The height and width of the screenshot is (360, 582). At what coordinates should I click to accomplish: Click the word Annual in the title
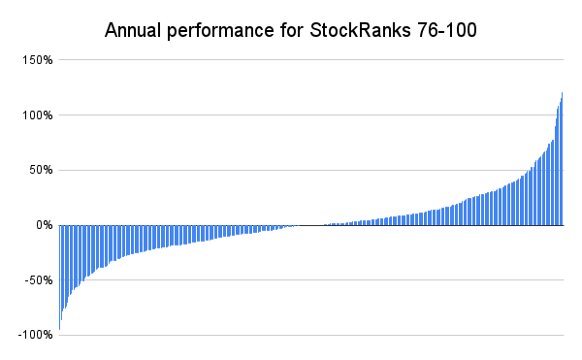click(x=133, y=30)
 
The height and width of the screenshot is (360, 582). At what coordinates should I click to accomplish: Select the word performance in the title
click(x=220, y=31)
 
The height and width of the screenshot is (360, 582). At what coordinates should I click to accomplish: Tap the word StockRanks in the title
click(x=360, y=30)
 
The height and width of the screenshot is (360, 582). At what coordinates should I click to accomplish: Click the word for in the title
click(x=292, y=30)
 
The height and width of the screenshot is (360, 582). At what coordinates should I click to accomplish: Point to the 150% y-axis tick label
click(x=38, y=60)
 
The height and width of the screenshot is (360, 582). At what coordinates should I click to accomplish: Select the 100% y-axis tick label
click(x=38, y=115)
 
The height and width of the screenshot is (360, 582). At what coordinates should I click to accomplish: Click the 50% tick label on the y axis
click(x=41, y=171)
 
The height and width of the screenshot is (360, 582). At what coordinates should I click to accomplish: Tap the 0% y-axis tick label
click(x=45, y=225)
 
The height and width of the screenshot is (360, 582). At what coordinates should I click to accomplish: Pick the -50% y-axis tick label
click(x=39, y=280)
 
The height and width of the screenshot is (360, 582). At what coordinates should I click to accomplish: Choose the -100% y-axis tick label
click(x=35, y=335)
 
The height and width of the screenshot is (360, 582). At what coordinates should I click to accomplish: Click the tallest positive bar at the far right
click(x=563, y=159)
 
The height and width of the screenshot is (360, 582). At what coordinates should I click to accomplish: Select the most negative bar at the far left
click(x=60, y=278)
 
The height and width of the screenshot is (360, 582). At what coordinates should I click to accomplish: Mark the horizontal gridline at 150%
click(x=311, y=59)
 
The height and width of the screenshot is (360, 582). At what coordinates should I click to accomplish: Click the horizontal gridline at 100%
click(x=311, y=115)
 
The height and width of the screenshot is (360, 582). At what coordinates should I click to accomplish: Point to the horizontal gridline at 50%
click(x=311, y=170)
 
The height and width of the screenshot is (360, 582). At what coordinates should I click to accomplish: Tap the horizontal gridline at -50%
click(x=311, y=279)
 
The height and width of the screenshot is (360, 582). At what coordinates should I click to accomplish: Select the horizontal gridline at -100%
click(x=311, y=335)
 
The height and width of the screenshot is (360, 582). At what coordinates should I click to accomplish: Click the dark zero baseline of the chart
click(x=311, y=225)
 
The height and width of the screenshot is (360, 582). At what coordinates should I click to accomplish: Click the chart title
click(x=291, y=31)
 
